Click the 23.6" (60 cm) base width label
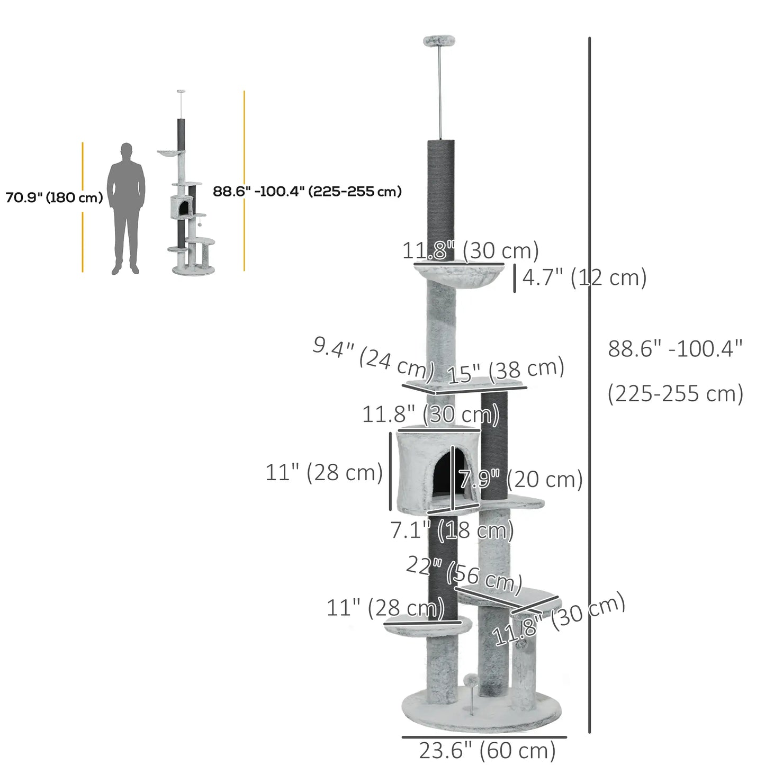pyautogui.click(x=487, y=750)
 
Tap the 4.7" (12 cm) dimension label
pyautogui.click(x=584, y=277)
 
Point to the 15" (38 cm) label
pyautogui.click(x=506, y=370)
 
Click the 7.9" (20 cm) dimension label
pyautogui.click(x=520, y=479)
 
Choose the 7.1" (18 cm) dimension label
pyautogui.click(x=452, y=530)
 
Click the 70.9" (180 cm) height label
pyautogui.click(x=54, y=198)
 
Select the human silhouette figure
pyautogui.click(x=126, y=208)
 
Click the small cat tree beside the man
pyautogui.click(x=188, y=212)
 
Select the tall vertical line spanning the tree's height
pyautogui.click(x=590, y=385)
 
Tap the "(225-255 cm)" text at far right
pyautogui.click(x=675, y=394)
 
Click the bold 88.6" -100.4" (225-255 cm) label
pyautogui.click(x=307, y=191)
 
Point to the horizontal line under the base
pyautogui.click(x=484, y=736)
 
